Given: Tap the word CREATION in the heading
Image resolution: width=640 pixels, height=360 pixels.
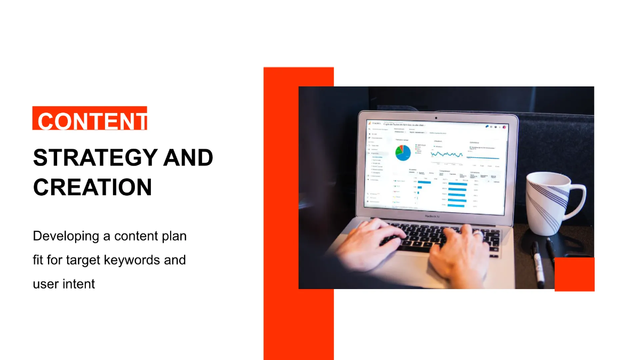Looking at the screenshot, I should pos(92,187).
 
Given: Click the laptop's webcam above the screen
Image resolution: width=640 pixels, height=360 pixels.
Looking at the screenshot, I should pos(436,117).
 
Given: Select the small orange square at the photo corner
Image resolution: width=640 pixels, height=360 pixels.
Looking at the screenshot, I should pos(574,274).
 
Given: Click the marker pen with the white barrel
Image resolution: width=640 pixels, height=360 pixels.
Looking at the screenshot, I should pos(538,264).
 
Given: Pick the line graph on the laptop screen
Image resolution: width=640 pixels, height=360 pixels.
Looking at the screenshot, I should pos(447,154).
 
